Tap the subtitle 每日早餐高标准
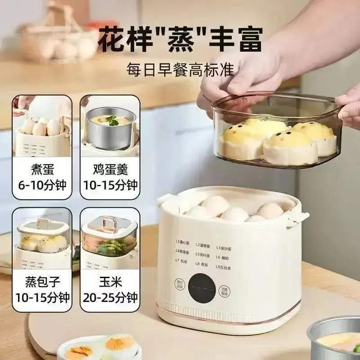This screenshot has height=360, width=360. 180,70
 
